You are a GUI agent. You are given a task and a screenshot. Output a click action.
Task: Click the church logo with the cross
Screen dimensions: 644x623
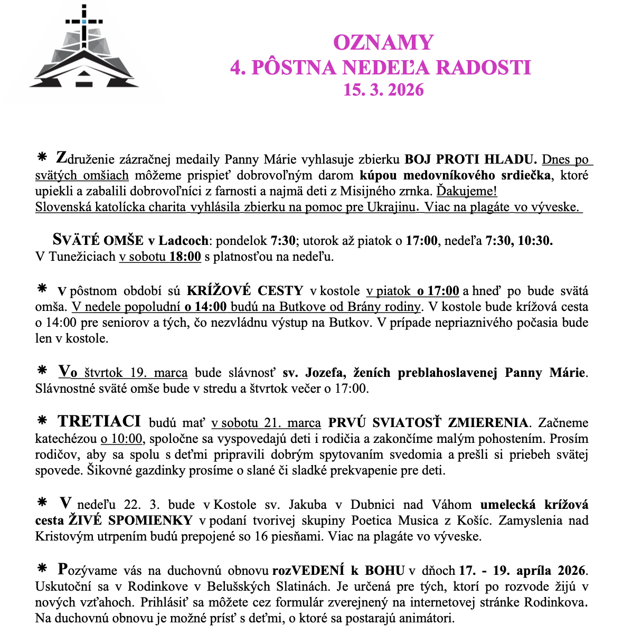click(x=84, y=50)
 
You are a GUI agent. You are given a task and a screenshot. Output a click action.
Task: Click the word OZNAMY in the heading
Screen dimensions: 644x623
click(x=383, y=43)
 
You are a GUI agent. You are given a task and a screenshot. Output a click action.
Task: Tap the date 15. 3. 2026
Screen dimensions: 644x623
click(x=383, y=90)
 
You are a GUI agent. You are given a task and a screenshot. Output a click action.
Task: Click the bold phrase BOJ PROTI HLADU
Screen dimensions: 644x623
click(x=470, y=159)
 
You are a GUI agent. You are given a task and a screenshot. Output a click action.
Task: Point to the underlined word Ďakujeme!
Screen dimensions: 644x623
click(x=467, y=191)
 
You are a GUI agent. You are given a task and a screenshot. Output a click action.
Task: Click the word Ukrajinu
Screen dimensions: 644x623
click(x=390, y=207)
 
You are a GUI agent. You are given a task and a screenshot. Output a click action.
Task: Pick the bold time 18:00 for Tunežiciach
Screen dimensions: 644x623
click(x=185, y=257)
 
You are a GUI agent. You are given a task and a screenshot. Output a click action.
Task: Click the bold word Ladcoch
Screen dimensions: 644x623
click(x=183, y=241)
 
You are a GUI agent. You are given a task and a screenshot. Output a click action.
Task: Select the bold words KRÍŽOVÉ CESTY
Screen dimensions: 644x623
click(x=245, y=291)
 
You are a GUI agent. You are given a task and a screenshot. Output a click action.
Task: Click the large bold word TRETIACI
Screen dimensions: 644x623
click(x=99, y=422)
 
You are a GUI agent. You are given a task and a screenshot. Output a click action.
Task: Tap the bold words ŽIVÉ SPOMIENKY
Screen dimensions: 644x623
click(x=130, y=520)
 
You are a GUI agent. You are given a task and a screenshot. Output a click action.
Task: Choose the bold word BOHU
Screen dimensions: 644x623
click(x=384, y=571)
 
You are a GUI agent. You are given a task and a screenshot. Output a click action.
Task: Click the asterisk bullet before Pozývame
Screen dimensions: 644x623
click(x=42, y=568)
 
